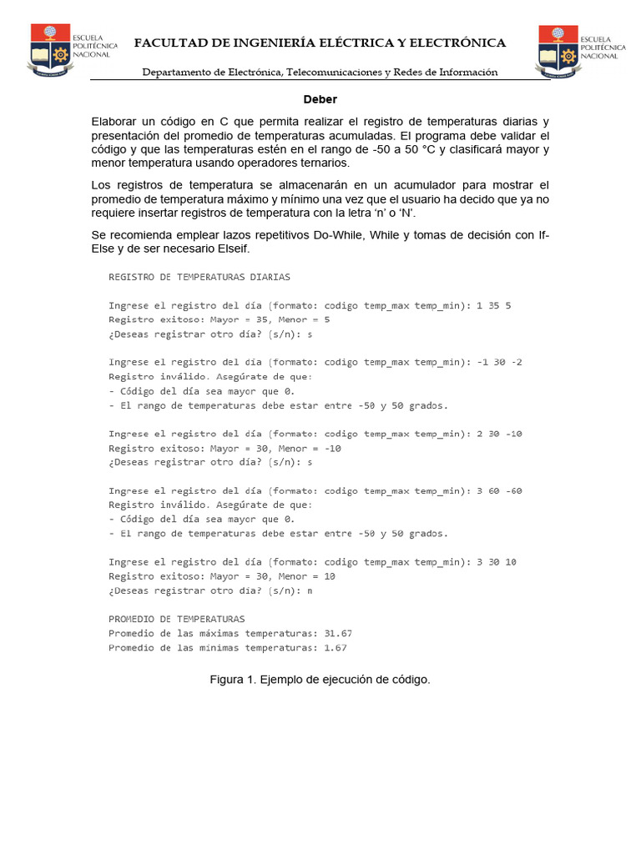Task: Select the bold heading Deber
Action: click(x=320, y=98)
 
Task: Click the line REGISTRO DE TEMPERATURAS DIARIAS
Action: click(x=199, y=277)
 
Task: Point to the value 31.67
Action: click(x=338, y=633)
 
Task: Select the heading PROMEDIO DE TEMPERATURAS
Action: click(x=177, y=619)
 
